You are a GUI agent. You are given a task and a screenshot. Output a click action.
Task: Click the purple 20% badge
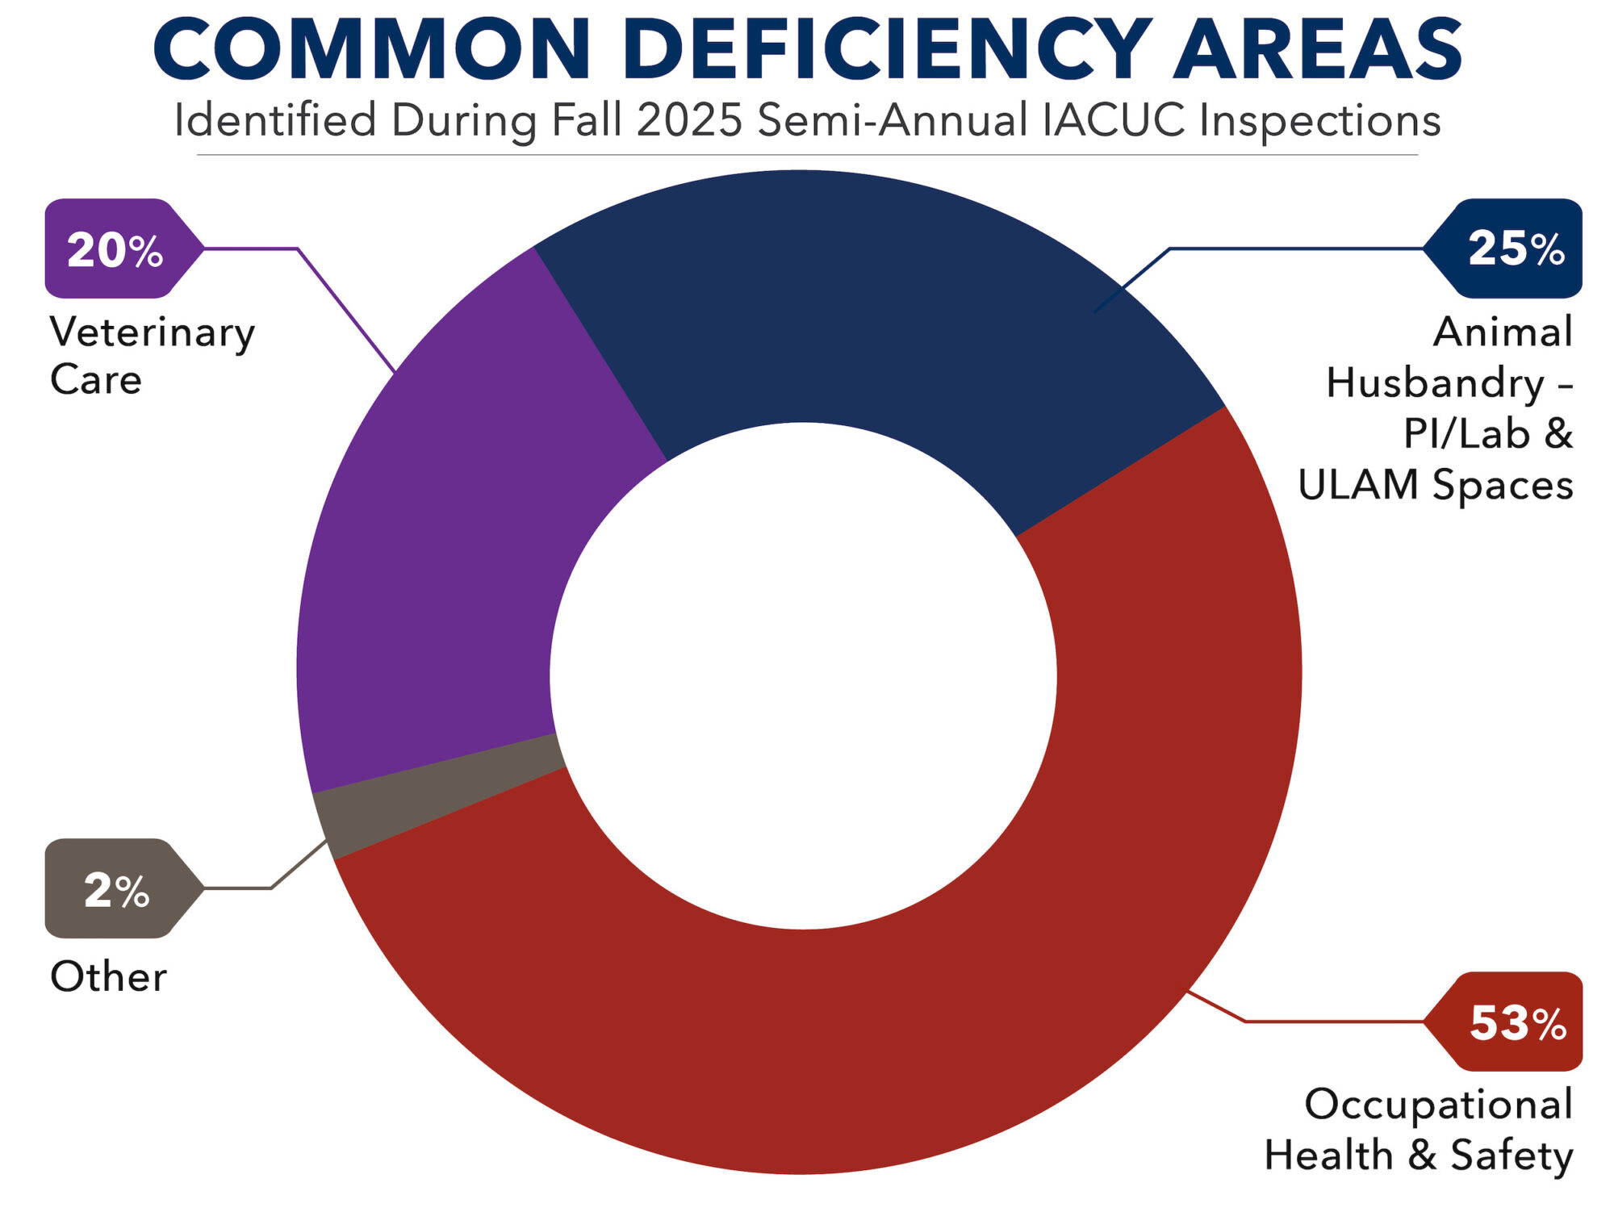point(117,249)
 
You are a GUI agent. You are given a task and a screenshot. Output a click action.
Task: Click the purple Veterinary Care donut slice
point(452,549)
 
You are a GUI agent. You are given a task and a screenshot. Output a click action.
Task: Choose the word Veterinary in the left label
point(153,332)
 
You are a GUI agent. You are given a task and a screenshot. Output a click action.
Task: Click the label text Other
point(108,977)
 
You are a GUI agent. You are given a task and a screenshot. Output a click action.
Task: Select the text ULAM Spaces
point(1436,485)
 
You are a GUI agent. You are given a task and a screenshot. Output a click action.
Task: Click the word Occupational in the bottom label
point(1439,1104)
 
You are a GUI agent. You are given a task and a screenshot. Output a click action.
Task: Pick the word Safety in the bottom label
point(1512,1155)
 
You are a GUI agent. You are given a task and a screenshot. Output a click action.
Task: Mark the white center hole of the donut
point(803,675)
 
